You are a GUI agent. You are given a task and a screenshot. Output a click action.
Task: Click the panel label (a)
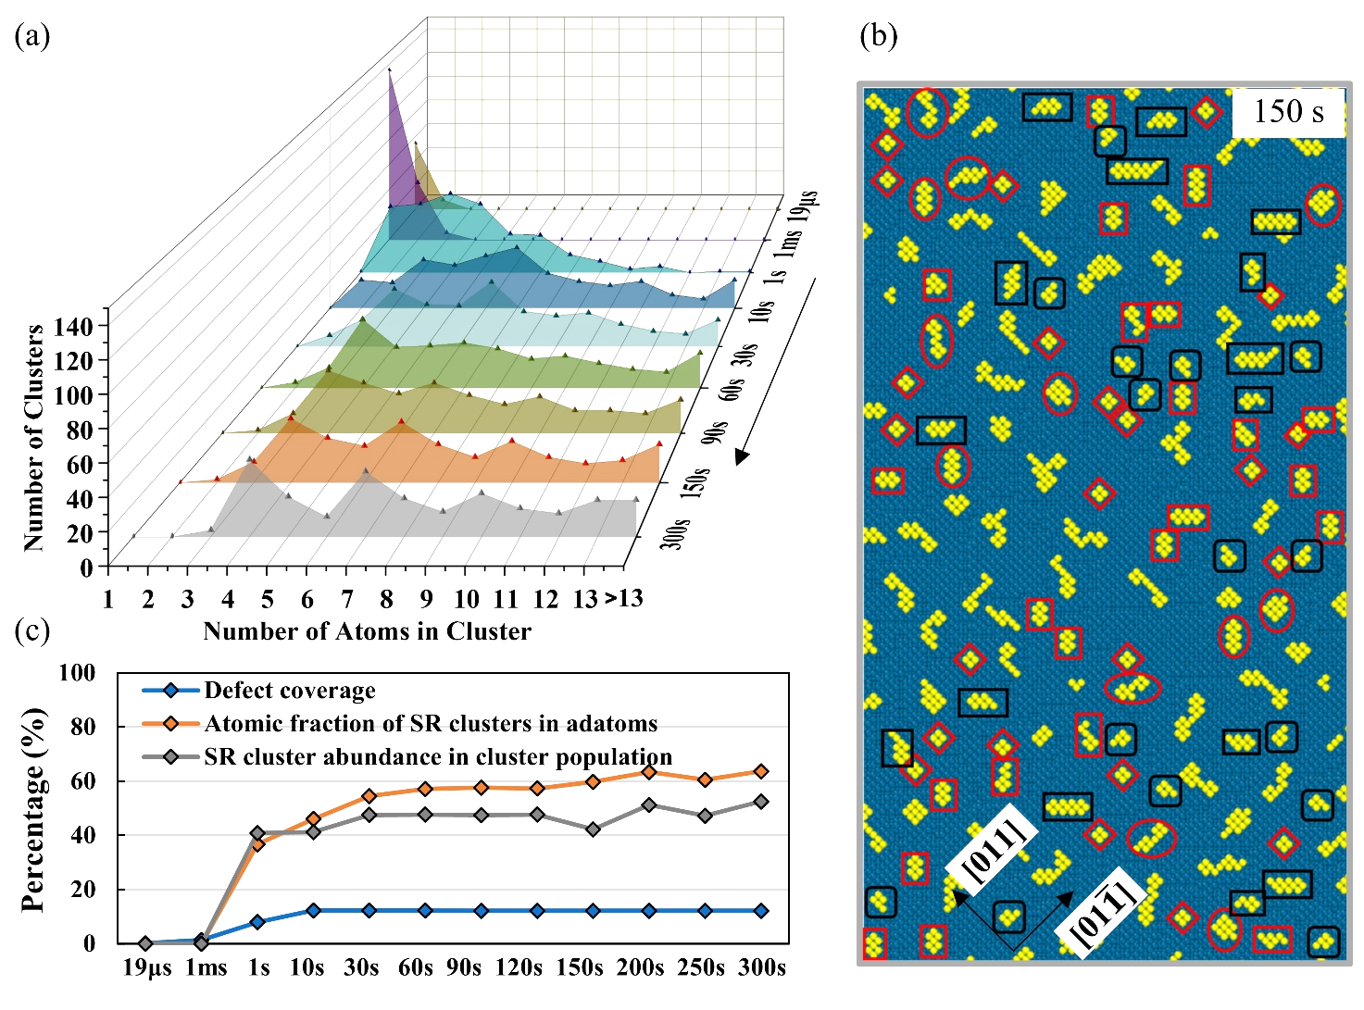(32, 36)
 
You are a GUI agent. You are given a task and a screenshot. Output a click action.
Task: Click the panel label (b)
(879, 36)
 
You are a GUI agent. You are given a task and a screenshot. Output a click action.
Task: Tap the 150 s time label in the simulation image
(1288, 112)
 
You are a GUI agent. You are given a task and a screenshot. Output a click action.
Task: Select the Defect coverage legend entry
(290, 691)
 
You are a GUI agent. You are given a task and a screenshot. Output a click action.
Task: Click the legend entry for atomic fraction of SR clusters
(431, 724)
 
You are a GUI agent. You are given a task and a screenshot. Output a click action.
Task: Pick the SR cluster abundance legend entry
(438, 757)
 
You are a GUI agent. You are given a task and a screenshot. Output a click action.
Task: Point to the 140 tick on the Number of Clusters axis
(73, 326)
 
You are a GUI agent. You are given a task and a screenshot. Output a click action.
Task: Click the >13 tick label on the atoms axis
(624, 599)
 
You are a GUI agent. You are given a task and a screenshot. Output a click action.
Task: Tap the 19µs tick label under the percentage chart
(147, 968)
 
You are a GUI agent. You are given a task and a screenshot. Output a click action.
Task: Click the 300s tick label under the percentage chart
(762, 968)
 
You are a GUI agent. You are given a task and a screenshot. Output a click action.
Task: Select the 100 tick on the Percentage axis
(77, 673)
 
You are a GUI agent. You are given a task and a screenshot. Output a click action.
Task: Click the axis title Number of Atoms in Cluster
(367, 631)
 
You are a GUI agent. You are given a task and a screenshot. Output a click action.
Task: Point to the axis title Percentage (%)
(34, 808)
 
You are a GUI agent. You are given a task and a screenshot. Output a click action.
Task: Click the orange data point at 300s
(761, 771)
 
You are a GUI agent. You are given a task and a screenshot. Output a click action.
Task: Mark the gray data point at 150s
(593, 829)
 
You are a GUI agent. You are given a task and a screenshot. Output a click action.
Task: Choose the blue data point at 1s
(257, 922)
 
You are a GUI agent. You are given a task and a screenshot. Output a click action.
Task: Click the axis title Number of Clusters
(34, 437)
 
